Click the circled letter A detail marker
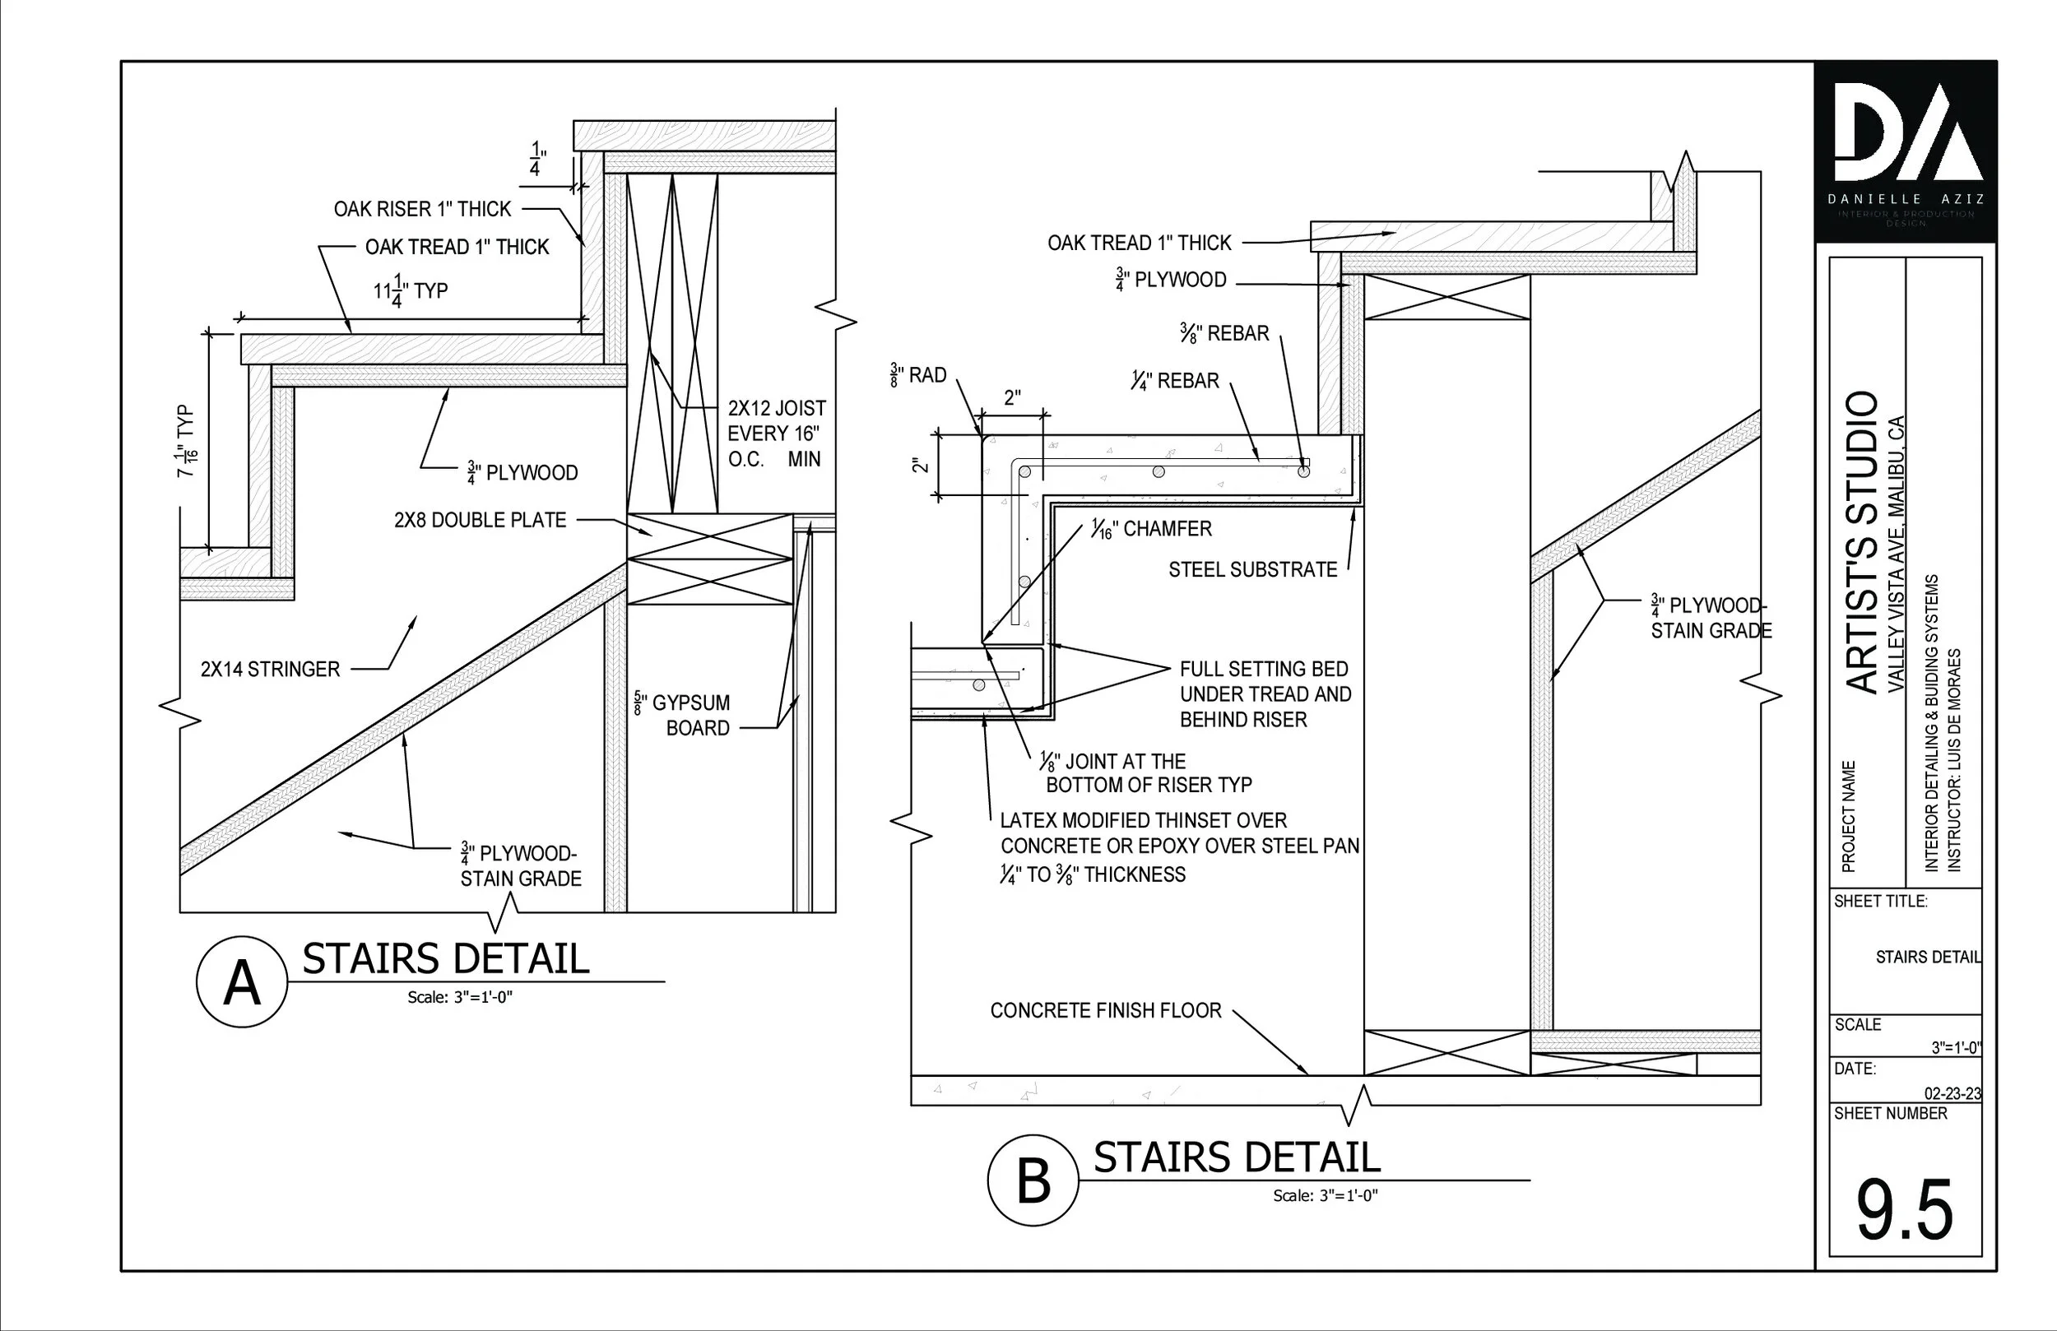242,983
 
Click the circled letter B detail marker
1033,1180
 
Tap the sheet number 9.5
1905,1210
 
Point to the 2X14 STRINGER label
271,669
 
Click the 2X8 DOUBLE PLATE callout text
480,520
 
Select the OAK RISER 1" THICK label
423,209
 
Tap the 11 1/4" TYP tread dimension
410,290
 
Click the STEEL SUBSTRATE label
1252,569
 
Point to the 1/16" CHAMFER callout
1150,529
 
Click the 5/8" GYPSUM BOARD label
683,715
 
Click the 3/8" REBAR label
1224,334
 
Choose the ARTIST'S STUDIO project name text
1863,542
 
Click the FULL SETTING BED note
1265,694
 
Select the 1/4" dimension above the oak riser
536,160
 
